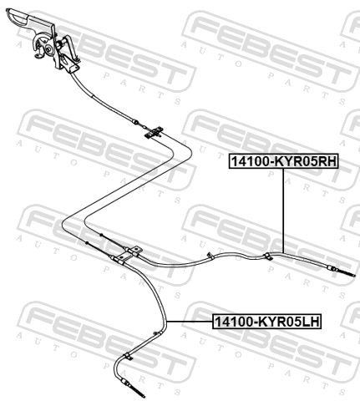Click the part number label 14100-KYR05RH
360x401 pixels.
[283, 161]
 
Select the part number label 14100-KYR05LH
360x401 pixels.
[267, 322]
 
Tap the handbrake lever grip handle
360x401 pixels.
[19, 16]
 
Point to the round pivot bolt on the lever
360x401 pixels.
[48, 50]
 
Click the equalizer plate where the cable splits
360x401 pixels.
[154, 132]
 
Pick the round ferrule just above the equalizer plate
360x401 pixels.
[135, 122]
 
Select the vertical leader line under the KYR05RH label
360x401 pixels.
[283, 211]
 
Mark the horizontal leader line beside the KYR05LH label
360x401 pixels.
[190, 322]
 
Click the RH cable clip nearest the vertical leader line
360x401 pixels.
[268, 256]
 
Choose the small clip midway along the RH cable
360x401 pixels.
[210, 256]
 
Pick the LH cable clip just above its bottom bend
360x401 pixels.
[127, 356]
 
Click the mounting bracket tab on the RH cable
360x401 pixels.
[134, 251]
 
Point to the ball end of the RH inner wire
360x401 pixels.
[101, 235]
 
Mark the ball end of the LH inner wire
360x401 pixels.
[87, 243]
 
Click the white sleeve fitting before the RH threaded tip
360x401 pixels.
[333, 269]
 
